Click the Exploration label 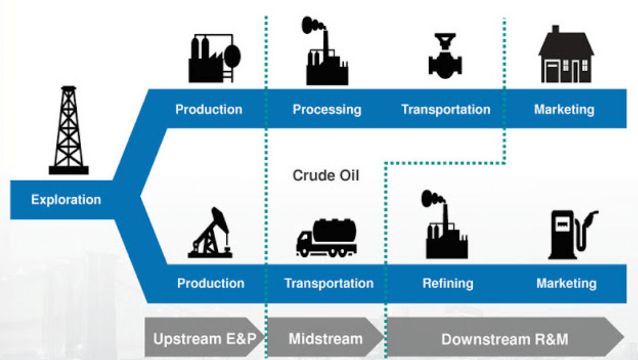coord(66,200)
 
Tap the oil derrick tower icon coord(69,130)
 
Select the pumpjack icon coord(211,233)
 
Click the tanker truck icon coord(326,238)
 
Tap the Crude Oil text coord(326,176)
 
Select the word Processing coord(327,110)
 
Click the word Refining coord(447,283)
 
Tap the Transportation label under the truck coord(329,283)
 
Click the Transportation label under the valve coord(445,110)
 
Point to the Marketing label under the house coord(564,110)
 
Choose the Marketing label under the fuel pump coord(566,283)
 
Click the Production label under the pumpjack coord(210,283)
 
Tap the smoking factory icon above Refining coord(445,225)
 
